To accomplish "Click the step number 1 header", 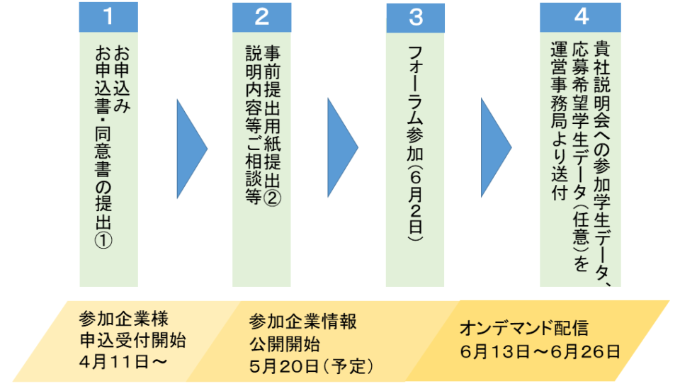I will [108, 16].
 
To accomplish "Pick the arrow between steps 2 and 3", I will [343, 147].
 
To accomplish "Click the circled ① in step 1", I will [104, 240].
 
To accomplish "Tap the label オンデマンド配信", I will [524, 329].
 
